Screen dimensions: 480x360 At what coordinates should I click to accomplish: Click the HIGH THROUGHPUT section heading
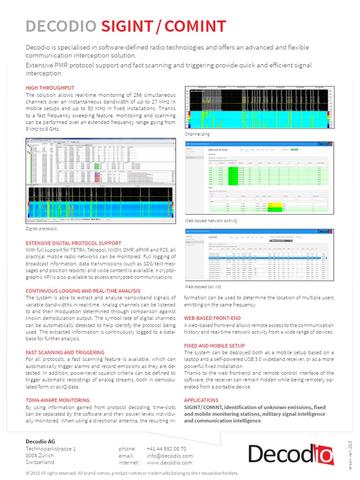pos(50,88)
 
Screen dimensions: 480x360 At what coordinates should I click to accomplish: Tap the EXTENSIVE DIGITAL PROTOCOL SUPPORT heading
pos(73,243)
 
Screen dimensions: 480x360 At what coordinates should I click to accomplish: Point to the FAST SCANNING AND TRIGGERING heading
pos(65,352)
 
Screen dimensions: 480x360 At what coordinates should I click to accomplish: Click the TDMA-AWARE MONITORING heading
pos(57,400)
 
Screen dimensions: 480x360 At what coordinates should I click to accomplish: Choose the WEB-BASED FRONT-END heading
pos(212,318)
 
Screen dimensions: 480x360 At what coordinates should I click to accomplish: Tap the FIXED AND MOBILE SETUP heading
pos(214,345)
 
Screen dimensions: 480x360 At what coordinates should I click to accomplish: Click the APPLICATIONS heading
pos(201,400)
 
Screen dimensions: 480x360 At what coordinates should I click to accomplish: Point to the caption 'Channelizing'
pos(197,134)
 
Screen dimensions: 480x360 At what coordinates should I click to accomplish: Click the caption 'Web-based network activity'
pos(211,220)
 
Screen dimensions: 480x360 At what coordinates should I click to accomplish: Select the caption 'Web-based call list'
pos(202,286)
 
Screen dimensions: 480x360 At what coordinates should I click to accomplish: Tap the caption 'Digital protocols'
pos(41,229)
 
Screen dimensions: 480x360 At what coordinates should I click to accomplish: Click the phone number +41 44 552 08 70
pos(166,449)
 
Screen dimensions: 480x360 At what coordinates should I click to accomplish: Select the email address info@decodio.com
pos(169,456)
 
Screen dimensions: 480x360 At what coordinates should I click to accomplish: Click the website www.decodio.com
pos(169,463)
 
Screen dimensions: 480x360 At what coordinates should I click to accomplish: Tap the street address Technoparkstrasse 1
pos(51,449)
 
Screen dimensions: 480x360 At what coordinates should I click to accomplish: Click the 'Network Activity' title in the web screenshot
pos(217,150)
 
